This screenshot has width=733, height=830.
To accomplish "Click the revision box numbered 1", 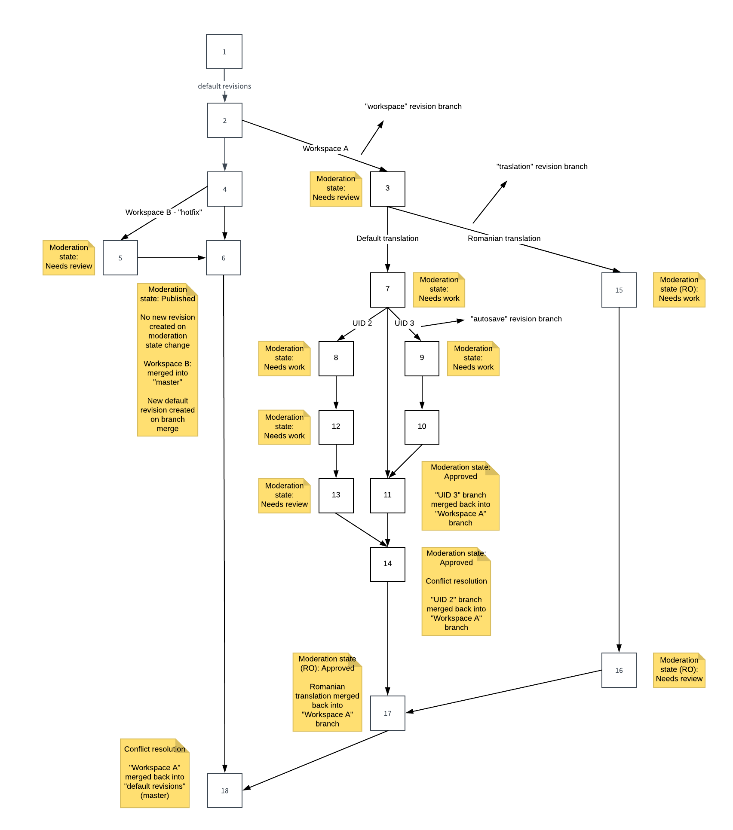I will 224,52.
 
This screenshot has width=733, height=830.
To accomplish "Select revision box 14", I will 387,564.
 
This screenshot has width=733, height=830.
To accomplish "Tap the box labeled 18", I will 224,790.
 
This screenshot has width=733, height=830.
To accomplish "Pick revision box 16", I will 619,670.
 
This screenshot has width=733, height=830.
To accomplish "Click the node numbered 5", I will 120,258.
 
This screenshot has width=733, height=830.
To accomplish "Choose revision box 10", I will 422,427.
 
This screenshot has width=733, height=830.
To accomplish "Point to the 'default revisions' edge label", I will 224,86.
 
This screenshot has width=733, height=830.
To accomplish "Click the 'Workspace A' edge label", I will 325,149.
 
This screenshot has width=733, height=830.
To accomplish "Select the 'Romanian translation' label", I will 504,238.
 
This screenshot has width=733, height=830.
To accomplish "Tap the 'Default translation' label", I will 387,238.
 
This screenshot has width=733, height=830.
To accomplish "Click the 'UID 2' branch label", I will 362,323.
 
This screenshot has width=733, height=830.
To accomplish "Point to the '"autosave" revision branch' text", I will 516,319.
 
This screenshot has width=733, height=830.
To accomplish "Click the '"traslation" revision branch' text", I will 542,167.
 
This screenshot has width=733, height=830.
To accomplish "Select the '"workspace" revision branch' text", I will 413,107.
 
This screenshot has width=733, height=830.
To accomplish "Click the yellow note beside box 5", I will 69,257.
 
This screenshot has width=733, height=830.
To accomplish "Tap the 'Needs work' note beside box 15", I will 679,290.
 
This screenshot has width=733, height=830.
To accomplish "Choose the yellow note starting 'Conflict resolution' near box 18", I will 155,773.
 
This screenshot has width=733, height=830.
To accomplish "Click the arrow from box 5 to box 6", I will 172,258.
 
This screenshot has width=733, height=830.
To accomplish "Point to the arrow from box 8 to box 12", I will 336,393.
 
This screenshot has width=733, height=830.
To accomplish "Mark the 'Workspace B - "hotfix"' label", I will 163,212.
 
